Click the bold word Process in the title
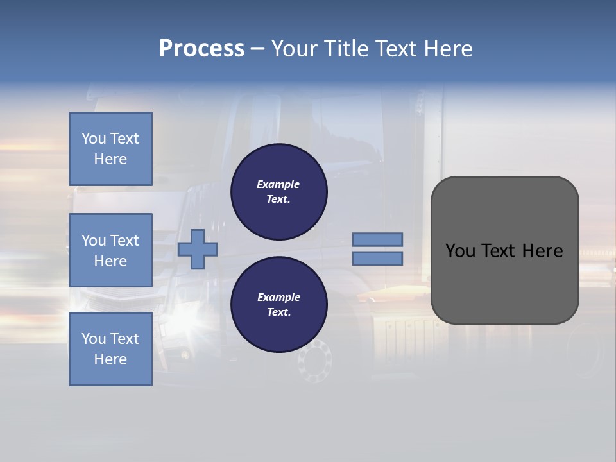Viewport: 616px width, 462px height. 201,49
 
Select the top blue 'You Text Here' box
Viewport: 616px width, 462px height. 110,149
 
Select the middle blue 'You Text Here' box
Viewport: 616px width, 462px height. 110,250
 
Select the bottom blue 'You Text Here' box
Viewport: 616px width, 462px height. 110,349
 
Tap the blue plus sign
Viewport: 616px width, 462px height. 198,250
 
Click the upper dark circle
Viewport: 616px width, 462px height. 279,192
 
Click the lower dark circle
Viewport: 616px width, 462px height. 279,305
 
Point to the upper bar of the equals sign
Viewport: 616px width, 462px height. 378,239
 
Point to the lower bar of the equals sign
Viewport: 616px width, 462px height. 378,258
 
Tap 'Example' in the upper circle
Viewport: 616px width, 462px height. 278,184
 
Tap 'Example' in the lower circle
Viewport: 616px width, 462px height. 278,297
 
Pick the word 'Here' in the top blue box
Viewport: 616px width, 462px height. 110,159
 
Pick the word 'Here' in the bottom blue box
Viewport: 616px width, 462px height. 110,359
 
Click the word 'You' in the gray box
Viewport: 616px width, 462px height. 460,251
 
